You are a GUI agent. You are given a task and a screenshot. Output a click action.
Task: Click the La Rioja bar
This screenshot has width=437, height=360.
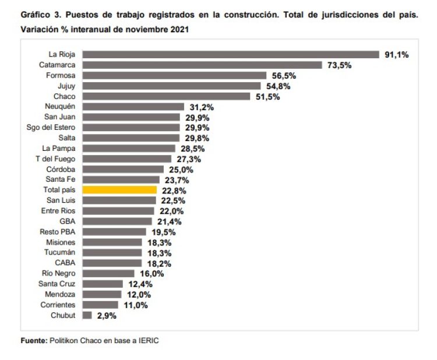231,54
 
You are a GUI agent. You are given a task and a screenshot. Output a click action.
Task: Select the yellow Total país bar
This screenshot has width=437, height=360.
119,190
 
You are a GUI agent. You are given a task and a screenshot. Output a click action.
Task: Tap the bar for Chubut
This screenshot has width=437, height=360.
87,315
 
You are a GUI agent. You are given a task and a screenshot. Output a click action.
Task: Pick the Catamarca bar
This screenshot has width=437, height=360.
202,65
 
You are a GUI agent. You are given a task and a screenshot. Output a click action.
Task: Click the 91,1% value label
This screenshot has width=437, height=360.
397,55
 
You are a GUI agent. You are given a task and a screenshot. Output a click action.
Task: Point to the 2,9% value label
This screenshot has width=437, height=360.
107,316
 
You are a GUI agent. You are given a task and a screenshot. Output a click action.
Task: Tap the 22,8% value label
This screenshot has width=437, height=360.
173,190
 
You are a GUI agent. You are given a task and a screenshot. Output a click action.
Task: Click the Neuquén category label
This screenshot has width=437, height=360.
60,107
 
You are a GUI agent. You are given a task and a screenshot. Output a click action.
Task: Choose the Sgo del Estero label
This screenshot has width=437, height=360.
51,128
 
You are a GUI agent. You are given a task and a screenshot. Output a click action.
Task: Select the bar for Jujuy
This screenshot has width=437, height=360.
172,86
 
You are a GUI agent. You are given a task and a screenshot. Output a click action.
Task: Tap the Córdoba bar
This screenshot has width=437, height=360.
123,169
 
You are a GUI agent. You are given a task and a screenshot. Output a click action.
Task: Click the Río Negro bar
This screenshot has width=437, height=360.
108,273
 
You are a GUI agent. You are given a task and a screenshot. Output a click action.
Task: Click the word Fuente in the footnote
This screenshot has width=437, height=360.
33,341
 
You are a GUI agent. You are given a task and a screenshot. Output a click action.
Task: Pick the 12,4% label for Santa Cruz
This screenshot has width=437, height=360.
139,284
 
